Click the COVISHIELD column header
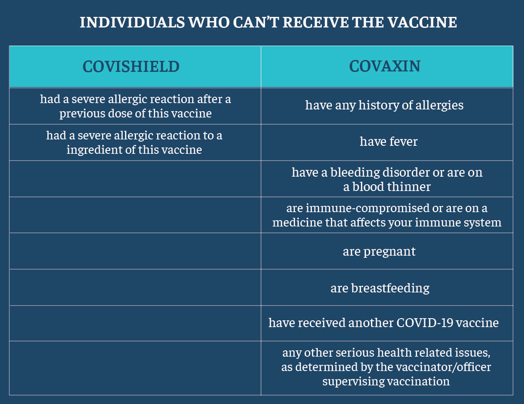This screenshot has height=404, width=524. click(131, 66)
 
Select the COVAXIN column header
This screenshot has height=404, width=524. click(385, 66)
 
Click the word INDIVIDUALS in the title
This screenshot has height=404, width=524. click(132, 22)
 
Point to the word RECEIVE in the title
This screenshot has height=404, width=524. click(316, 22)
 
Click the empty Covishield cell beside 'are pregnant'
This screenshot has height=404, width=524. click(135, 251)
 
